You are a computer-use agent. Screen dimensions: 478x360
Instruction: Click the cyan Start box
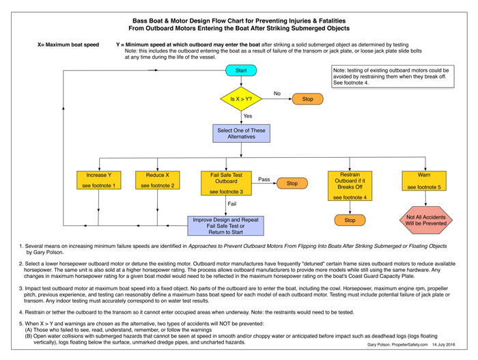coord(241,70)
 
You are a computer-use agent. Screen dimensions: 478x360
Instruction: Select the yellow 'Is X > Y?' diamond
coord(241,99)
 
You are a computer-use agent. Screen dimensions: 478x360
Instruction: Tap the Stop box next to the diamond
coord(307,99)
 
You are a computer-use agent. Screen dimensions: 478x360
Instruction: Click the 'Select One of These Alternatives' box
coord(241,133)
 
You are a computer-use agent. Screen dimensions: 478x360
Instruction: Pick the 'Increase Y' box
coord(99,180)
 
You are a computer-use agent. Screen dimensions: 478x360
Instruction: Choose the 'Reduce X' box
coord(157,180)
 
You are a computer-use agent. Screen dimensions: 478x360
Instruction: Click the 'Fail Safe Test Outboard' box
coord(226,183)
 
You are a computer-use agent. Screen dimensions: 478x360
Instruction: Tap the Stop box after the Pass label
coord(292,183)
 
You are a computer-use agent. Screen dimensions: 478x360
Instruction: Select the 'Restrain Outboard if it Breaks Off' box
coord(350,186)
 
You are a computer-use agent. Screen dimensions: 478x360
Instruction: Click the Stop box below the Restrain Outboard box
coord(350,220)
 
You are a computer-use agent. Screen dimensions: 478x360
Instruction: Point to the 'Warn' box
coord(424,181)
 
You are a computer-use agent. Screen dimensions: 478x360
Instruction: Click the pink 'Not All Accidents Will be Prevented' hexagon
coord(426,220)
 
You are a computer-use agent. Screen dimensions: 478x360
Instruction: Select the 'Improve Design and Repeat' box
coord(225,225)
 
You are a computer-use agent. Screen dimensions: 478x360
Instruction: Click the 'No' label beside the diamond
coord(277,94)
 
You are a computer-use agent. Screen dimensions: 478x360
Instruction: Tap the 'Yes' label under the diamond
coord(247,116)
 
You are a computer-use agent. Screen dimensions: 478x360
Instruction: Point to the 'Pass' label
coord(264,180)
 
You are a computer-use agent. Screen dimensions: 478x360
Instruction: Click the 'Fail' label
coord(231,204)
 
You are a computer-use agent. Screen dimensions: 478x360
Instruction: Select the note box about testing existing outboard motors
coord(393,77)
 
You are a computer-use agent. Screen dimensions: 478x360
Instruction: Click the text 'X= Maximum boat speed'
coord(68,44)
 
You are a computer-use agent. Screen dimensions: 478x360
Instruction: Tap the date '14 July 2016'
coord(444,344)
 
